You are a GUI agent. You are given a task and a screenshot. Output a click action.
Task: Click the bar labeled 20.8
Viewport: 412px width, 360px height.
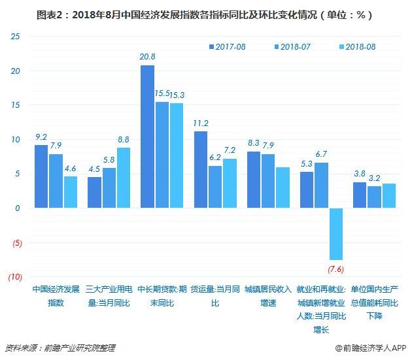[147, 137]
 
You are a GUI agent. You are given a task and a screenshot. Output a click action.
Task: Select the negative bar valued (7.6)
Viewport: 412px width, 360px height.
[335, 234]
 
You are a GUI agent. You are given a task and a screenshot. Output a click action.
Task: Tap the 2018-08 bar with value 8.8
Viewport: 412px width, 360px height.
[123, 178]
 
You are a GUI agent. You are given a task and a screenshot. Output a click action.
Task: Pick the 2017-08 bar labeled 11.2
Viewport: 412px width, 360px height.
[201, 169]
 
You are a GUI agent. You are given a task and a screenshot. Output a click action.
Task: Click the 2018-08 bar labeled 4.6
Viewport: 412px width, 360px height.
[70, 192]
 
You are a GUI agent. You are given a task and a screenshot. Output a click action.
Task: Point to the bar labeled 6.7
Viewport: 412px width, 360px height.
[321, 185]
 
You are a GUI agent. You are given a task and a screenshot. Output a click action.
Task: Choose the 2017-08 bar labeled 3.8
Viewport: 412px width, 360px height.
[359, 195]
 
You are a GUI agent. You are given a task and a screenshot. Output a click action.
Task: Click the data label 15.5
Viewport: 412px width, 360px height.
[162, 94]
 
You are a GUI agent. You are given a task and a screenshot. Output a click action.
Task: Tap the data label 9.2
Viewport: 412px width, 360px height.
[41, 137]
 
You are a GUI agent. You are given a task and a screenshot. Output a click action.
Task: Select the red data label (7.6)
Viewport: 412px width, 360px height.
[335, 269]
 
